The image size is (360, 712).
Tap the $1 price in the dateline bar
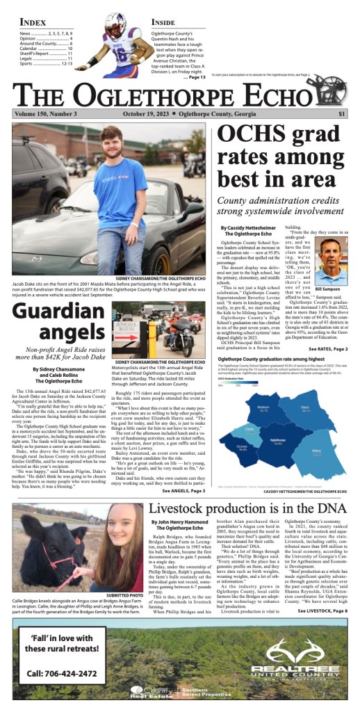pyautogui.click(x=342, y=114)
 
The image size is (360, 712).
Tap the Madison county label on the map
pyautogui.click(x=263, y=410)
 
